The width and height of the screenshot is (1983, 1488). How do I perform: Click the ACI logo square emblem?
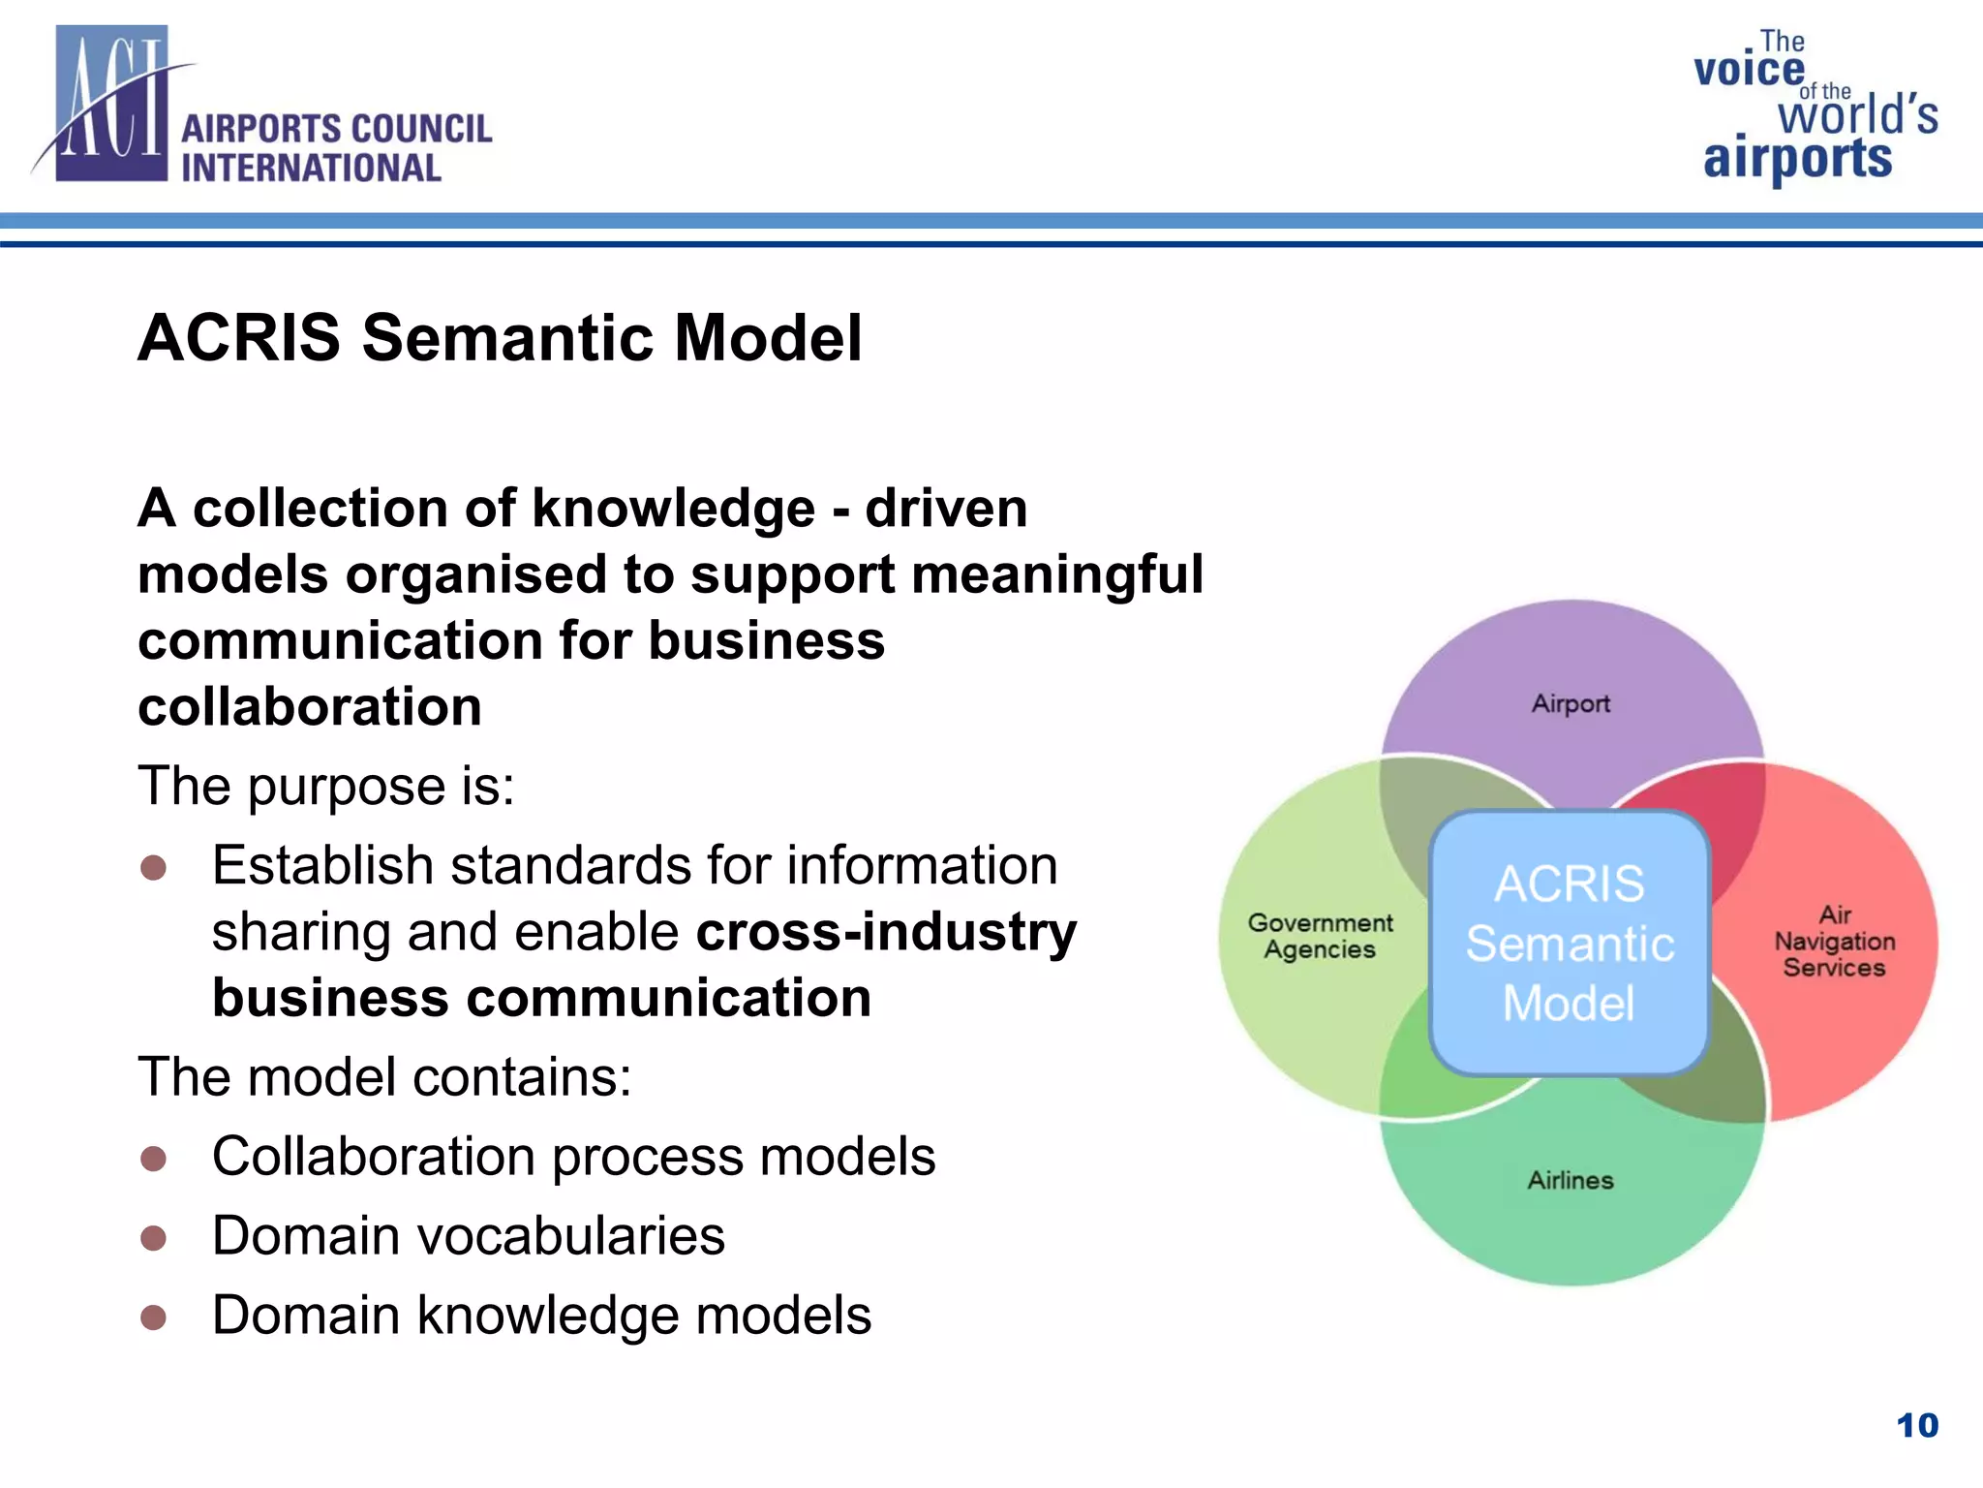pos(111,105)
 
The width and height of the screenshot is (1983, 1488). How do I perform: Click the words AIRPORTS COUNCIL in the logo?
pos(336,129)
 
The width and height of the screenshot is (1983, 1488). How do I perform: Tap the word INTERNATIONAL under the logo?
pos(311,169)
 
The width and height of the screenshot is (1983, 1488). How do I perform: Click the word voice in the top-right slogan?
pos(1749,71)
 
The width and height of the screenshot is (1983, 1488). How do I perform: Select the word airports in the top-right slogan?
pos(1797,159)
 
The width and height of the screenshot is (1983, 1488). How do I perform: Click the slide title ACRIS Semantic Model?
pos(500,338)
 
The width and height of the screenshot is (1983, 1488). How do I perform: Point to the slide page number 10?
pos(1916,1425)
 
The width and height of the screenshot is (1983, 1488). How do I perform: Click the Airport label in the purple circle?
pos(1571,703)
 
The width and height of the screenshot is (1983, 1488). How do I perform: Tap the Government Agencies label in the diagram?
pos(1320,936)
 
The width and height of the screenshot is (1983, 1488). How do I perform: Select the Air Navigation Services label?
pos(1834,941)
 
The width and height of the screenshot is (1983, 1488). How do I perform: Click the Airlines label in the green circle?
pos(1571,1180)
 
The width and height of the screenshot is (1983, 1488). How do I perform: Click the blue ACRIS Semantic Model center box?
pos(1569,943)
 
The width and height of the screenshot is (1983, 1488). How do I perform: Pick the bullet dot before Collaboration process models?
pos(153,1159)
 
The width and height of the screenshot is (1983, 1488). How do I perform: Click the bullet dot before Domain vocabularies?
pos(153,1238)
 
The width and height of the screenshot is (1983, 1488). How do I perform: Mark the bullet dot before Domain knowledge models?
pos(153,1317)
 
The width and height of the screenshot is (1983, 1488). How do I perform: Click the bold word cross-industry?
pos(886,932)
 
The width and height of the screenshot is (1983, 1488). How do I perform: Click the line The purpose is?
pos(326,786)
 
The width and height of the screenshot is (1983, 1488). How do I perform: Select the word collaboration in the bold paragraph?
pos(310,706)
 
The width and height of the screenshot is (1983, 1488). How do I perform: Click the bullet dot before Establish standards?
pos(153,867)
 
